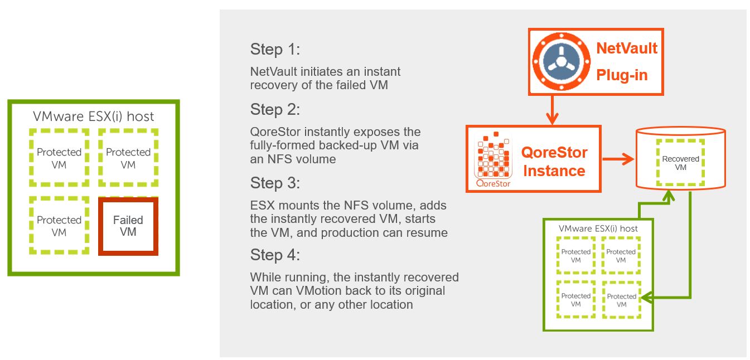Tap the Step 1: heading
[275, 50]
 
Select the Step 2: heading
[275, 110]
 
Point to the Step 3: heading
[275, 183]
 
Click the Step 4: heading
[275, 255]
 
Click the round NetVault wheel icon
[561, 61]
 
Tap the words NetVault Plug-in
[627, 61]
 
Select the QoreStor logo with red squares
[493, 159]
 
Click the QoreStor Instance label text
[554, 162]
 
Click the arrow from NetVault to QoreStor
[552, 110]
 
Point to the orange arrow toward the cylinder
[618, 159]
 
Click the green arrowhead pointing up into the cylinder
[668, 196]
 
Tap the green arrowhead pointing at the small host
[647, 298]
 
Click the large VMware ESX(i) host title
[94, 116]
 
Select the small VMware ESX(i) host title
[598, 228]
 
